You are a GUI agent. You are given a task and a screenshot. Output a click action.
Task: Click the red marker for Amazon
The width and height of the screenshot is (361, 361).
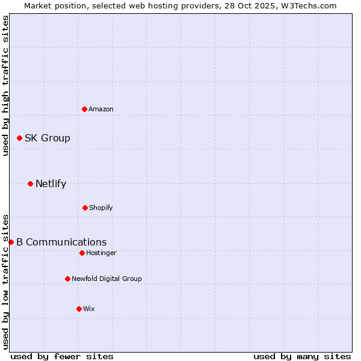(x=84, y=109)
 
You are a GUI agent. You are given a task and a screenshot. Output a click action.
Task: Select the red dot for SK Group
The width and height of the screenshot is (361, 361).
(x=19, y=138)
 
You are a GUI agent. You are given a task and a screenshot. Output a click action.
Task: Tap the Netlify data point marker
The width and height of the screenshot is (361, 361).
(x=30, y=184)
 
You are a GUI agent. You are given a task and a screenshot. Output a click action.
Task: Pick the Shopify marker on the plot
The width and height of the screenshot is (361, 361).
(x=85, y=208)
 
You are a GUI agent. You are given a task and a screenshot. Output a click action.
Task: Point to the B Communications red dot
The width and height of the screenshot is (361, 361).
(x=11, y=242)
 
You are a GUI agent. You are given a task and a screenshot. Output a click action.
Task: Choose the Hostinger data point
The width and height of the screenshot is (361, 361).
(x=82, y=253)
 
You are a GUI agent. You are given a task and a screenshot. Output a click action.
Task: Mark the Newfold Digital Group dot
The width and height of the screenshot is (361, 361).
(x=67, y=279)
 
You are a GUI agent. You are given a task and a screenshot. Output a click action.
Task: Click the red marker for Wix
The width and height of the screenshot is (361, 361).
(x=79, y=309)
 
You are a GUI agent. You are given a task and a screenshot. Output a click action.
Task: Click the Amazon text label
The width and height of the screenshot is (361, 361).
(x=101, y=109)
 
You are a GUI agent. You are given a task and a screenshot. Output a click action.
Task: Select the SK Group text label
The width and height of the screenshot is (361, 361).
(x=48, y=138)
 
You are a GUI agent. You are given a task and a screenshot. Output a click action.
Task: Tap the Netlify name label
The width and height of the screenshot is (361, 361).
(x=51, y=184)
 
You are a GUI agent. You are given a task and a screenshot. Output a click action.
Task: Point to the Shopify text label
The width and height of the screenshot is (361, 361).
(x=101, y=208)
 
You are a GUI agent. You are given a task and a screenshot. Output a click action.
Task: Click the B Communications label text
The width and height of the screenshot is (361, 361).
(x=61, y=242)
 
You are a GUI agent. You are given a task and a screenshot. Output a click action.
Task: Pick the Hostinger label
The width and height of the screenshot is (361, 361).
(x=101, y=253)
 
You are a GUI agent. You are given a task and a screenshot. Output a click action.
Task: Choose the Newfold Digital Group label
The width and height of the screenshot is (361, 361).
(x=107, y=279)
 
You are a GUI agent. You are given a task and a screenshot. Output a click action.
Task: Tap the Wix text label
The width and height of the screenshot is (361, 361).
(x=89, y=309)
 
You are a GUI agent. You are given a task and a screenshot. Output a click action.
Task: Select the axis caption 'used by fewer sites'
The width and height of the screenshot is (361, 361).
(x=62, y=356)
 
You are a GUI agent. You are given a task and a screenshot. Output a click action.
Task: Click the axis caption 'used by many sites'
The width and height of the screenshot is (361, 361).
(x=302, y=356)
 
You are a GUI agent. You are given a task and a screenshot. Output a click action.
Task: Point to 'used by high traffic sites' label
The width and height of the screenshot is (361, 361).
(x=5, y=85)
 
